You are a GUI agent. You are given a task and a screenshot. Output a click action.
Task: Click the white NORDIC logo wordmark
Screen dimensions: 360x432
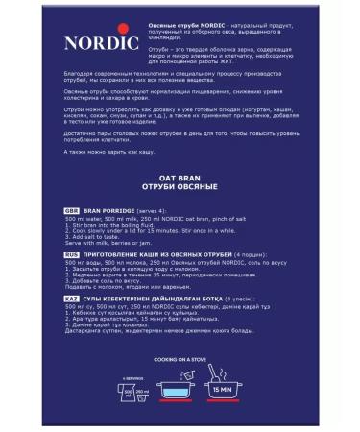93,43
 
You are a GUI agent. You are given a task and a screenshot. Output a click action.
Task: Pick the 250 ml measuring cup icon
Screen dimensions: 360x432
140,394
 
